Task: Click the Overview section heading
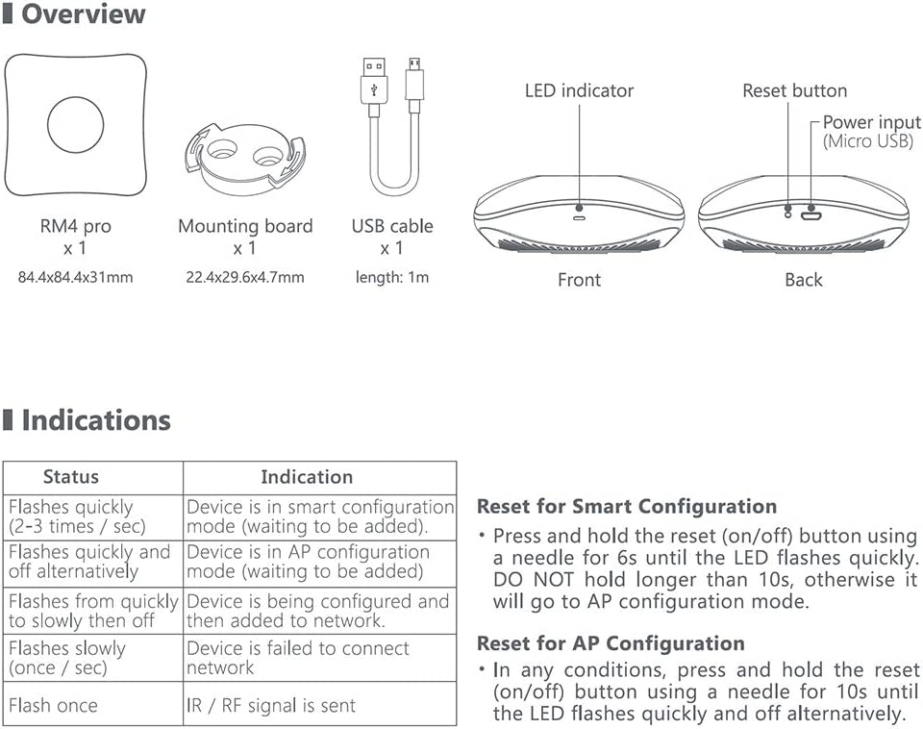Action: click(x=83, y=13)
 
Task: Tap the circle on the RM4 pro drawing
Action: click(x=75, y=125)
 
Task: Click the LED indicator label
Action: click(x=579, y=90)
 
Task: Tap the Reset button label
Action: click(x=795, y=90)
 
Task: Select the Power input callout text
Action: click(x=871, y=132)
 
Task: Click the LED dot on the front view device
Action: click(x=579, y=208)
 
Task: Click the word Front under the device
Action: click(x=579, y=280)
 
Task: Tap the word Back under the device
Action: click(x=804, y=280)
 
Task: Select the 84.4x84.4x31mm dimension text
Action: click(x=75, y=277)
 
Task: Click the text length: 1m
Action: click(x=392, y=277)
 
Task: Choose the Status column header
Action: click(x=70, y=476)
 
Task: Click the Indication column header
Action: click(x=307, y=476)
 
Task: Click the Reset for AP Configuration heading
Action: click(x=611, y=643)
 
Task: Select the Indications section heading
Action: click(x=96, y=420)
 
